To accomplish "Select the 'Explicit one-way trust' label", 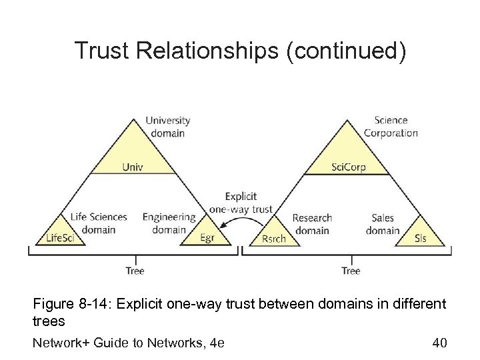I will pos(241,203).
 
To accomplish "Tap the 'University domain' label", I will pos(167,126).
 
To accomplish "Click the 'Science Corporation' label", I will pos(391,126).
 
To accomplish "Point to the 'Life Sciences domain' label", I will pos(98,223).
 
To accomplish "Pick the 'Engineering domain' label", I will pos(169,223).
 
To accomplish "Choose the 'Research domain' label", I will pos(311,224).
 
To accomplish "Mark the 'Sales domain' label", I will pos(383,224).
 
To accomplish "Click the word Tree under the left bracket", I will pos(135,271).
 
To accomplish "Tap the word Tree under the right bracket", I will pos(351,271).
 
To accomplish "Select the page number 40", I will pos(439,343).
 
